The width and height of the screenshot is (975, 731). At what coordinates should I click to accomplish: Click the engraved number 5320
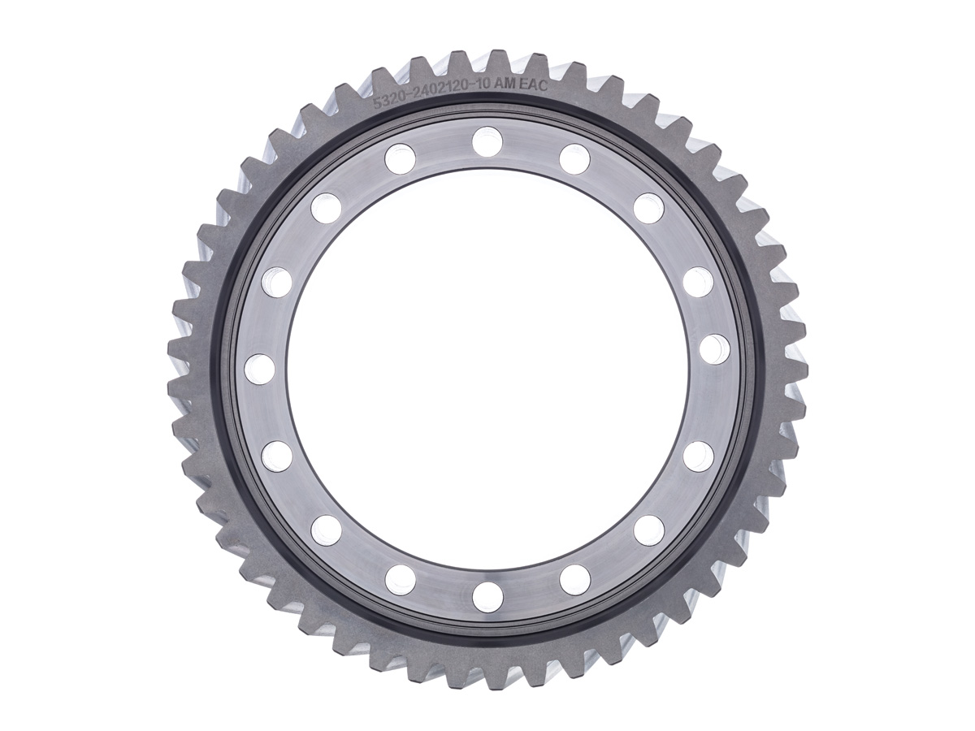pyautogui.click(x=388, y=102)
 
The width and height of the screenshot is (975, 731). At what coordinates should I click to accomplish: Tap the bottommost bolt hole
pyautogui.click(x=487, y=598)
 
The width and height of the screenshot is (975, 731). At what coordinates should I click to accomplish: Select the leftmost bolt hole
pyautogui.click(x=259, y=369)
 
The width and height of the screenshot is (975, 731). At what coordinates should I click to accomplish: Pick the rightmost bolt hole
pyautogui.click(x=715, y=350)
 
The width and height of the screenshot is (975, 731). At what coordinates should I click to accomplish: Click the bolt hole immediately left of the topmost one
pyautogui.click(x=401, y=158)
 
